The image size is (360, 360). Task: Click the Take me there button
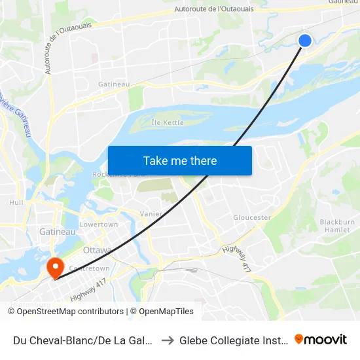click(x=180, y=160)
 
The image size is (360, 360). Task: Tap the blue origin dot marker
click(x=305, y=41)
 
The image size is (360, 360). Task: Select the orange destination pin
click(x=54, y=266)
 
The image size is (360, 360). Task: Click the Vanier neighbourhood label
click(x=151, y=214)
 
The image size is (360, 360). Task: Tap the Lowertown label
click(x=98, y=225)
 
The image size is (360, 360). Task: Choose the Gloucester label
click(x=252, y=217)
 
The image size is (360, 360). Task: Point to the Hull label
click(x=16, y=203)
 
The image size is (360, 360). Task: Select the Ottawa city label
click(x=98, y=250)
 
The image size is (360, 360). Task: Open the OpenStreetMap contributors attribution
click(x=67, y=312)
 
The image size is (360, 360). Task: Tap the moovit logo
click(x=321, y=339)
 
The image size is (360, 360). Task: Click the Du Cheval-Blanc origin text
click(x=82, y=340)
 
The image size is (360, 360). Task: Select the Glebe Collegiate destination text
click(x=233, y=340)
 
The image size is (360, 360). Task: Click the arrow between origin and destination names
click(x=167, y=340)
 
